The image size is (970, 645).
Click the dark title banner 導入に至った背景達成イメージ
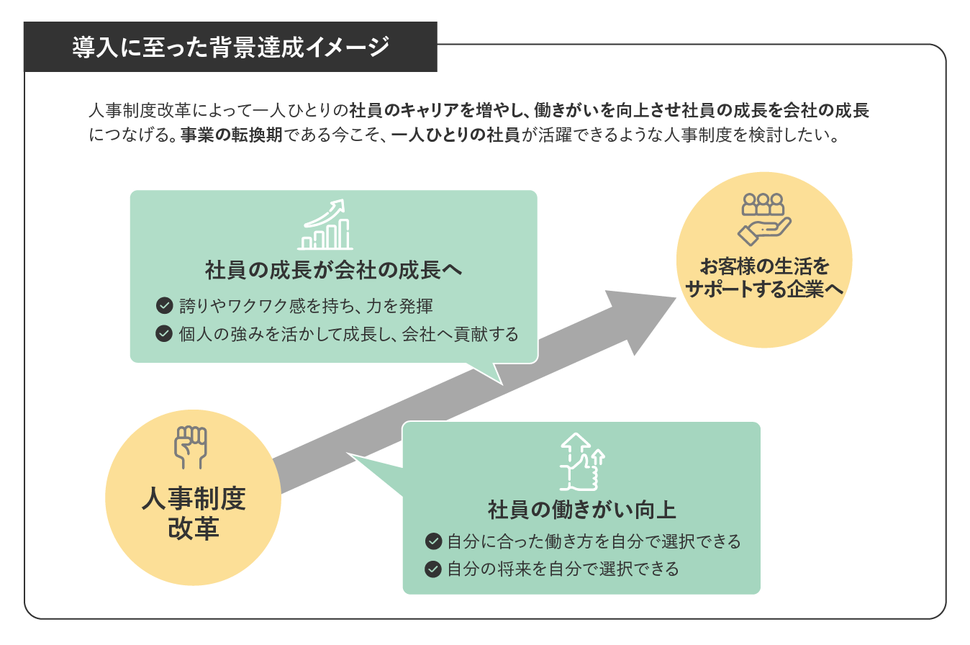pos(230,48)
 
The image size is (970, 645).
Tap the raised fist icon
pos(191,446)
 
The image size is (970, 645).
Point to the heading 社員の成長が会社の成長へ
pos(333,271)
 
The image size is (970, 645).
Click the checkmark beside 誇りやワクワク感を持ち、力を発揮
pos(164,305)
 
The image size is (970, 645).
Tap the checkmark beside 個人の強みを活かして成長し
pos(164,334)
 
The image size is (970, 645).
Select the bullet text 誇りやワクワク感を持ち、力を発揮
pos(306,305)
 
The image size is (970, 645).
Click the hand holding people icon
pos(764,219)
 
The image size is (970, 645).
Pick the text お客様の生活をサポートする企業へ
pos(764,278)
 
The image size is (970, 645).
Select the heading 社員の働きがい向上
pos(581,510)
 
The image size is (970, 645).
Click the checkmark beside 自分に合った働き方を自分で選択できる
pos(433,541)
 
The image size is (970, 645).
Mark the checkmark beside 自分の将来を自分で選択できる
pos(433,569)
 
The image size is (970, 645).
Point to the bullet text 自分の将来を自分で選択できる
pos(563,569)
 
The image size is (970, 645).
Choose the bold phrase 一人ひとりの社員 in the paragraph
pos(455,135)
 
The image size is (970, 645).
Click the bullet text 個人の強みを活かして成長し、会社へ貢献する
pos(349,334)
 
